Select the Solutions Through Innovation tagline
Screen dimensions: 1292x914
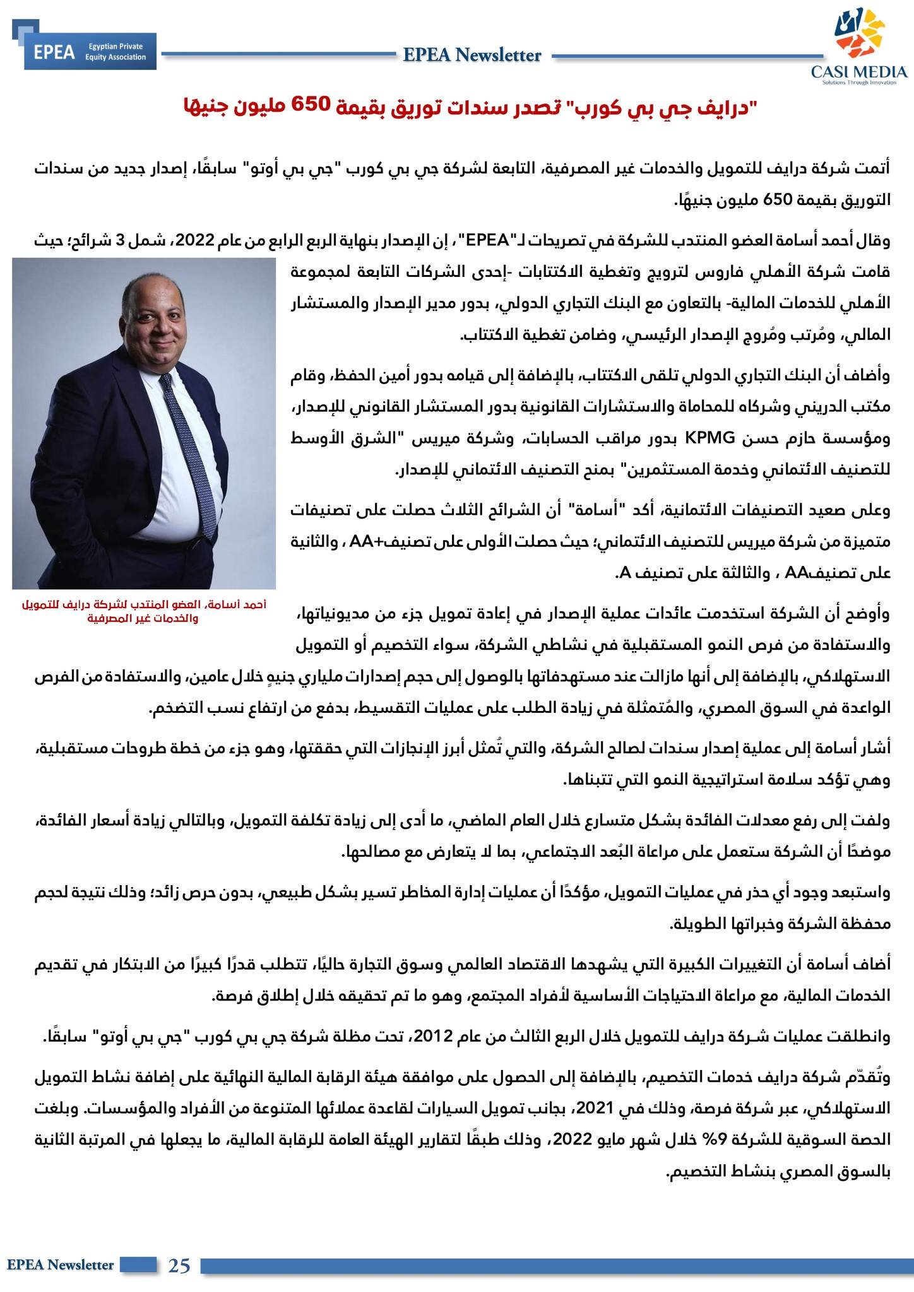click(859, 83)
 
